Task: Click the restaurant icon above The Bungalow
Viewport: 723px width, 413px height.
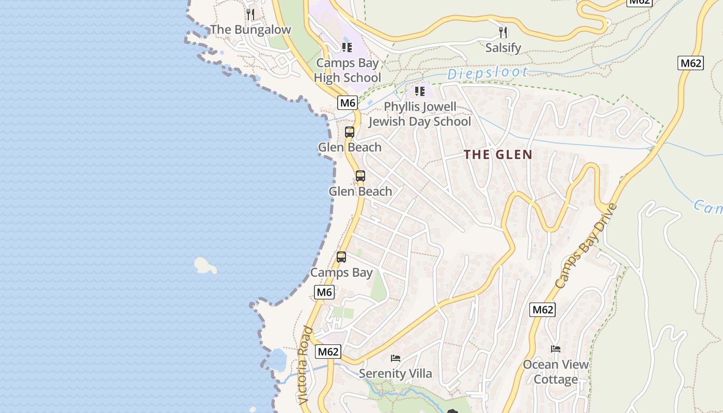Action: click(250, 14)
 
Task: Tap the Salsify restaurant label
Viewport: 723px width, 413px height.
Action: click(503, 48)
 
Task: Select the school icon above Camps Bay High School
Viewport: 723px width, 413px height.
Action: click(347, 47)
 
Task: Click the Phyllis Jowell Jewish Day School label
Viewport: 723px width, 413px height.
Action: click(419, 114)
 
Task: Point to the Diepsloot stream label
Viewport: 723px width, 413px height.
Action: click(488, 73)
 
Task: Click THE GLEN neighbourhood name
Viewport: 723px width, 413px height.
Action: click(498, 154)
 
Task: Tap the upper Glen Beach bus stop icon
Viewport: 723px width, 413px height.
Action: click(350, 132)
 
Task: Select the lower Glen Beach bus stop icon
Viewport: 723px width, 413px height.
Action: click(360, 176)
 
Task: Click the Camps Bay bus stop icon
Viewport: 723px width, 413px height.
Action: click(341, 257)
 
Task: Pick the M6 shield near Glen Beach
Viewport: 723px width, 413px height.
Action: click(348, 103)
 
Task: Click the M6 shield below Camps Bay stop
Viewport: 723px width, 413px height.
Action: click(324, 292)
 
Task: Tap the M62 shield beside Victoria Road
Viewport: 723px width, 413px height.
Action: click(328, 352)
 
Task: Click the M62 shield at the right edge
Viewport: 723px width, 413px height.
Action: click(690, 63)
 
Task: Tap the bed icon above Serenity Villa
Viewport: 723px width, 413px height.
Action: click(396, 358)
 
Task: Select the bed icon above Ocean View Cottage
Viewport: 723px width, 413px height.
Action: click(556, 349)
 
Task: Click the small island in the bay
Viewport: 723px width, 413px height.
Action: click(205, 265)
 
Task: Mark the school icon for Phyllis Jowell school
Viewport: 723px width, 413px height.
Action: click(420, 91)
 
